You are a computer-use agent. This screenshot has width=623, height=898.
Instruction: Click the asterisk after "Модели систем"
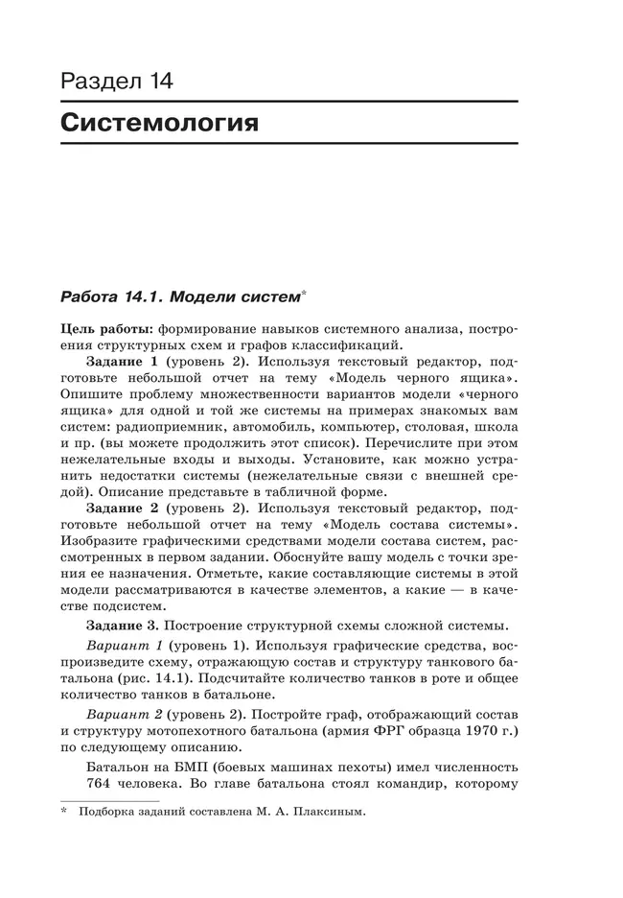tap(303, 292)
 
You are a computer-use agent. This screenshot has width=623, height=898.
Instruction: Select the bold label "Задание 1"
tap(122, 363)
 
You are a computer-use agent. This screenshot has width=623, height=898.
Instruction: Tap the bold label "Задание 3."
tap(125, 624)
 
